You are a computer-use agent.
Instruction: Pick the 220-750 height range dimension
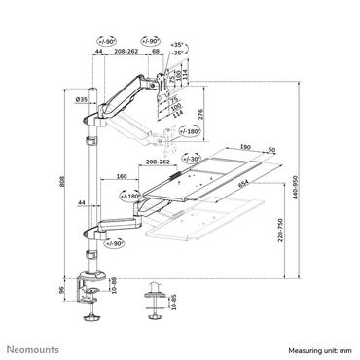click(x=278, y=242)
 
